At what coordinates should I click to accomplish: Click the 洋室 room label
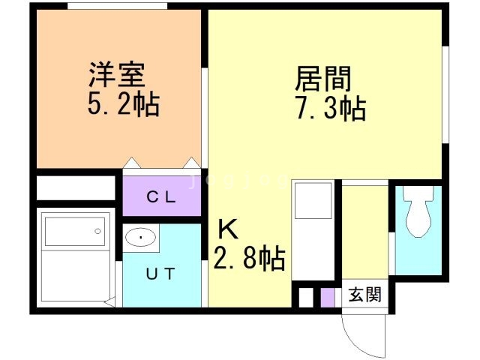pyautogui.click(x=116, y=76)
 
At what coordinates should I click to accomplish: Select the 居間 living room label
pyautogui.click(x=323, y=79)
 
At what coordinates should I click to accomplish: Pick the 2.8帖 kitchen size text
pyautogui.click(x=250, y=259)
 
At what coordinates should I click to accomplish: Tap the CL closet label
pyautogui.click(x=161, y=198)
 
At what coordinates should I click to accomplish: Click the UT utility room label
pyautogui.click(x=161, y=274)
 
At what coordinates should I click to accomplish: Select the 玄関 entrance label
pyautogui.click(x=364, y=295)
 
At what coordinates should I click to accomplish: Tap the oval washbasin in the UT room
pyautogui.click(x=141, y=238)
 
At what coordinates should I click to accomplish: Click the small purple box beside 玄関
pyautogui.click(x=327, y=296)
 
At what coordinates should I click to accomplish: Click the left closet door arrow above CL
pyautogui.click(x=132, y=163)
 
